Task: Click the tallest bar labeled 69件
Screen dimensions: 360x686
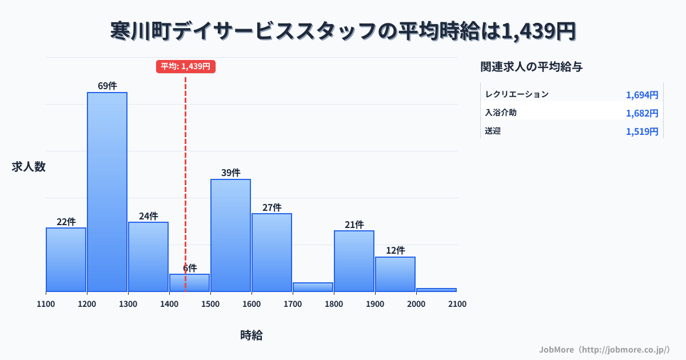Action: point(107,191)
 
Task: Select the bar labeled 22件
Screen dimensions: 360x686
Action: point(66,259)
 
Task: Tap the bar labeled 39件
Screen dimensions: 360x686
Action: point(230,235)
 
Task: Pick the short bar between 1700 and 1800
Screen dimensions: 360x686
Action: point(313,287)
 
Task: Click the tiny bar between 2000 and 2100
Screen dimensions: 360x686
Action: point(436,290)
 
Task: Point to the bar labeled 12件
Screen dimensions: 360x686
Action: point(395,274)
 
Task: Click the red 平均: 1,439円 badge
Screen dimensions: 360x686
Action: point(185,66)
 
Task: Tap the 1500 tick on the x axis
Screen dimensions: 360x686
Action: point(210,304)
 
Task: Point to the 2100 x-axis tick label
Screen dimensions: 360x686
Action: point(457,304)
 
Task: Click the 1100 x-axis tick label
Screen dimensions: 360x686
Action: point(46,304)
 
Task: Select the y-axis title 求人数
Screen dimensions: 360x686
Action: point(29,167)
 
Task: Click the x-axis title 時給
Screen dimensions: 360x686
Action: point(252,335)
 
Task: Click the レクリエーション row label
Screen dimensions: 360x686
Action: point(517,94)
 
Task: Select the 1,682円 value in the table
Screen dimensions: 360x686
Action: point(642,113)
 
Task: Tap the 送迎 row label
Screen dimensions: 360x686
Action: point(493,131)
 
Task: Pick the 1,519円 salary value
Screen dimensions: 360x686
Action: point(642,131)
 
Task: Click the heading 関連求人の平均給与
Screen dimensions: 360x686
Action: point(532,67)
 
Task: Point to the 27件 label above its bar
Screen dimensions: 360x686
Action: point(272,207)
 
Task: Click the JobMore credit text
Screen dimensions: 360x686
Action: point(604,349)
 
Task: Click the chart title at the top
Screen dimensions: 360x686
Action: point(343,31)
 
